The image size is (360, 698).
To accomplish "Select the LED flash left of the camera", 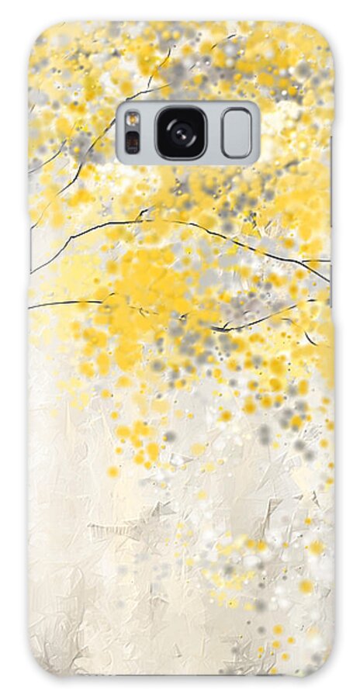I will [x=133, y=120].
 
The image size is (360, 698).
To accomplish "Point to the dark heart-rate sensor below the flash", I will [x=133, y=143].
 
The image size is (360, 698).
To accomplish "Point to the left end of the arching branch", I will [x=33, y=272].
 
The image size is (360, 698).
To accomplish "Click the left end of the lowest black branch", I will [x=31, y=308].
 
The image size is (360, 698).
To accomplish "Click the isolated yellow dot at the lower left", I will [x=112, y=471].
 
